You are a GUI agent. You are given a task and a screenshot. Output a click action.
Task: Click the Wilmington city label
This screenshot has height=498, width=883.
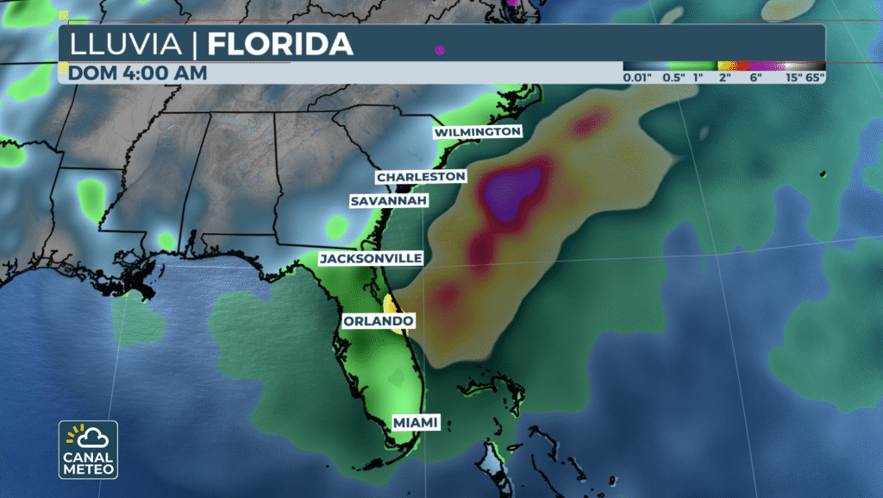(478, 132)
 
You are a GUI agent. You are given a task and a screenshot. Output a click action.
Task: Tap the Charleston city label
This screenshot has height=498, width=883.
(421, 177)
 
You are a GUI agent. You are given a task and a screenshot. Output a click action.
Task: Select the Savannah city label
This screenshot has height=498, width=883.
(389, 201)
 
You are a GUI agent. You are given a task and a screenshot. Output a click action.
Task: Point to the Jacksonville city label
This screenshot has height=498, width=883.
(371, 258)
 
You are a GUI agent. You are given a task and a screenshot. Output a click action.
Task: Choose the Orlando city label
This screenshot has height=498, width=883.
(378, 321)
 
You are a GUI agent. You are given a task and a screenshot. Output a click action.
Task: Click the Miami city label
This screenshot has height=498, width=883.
(416, 422)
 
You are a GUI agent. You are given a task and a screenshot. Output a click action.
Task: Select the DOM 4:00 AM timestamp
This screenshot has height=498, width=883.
(138, 73)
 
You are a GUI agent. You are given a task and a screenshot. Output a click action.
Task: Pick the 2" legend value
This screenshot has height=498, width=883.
(724, 77)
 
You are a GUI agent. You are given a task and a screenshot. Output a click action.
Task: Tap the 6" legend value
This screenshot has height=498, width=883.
(756, 77)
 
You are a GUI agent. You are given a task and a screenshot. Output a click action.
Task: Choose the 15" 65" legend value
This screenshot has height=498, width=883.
(804, 77)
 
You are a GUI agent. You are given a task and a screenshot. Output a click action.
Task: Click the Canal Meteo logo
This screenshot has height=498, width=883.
(88, 449)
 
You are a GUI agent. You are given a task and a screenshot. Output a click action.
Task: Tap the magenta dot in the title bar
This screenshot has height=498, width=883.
(440, 50)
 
